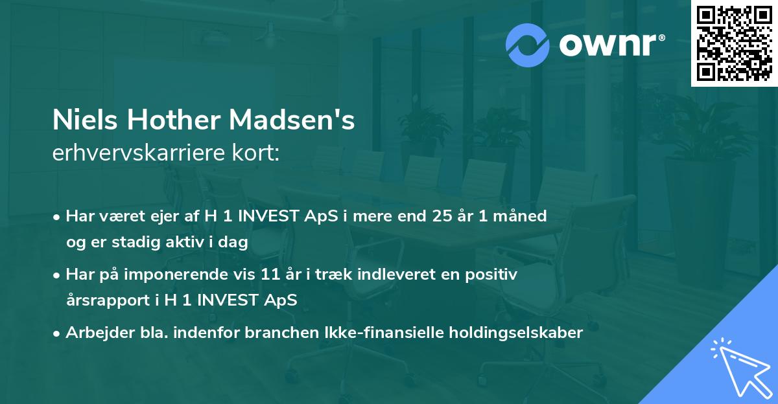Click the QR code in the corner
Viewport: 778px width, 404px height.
(x=734, y=43)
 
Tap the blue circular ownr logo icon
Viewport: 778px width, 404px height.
(x=528, y=45)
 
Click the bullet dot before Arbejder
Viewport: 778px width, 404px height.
(x=58, y=333)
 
